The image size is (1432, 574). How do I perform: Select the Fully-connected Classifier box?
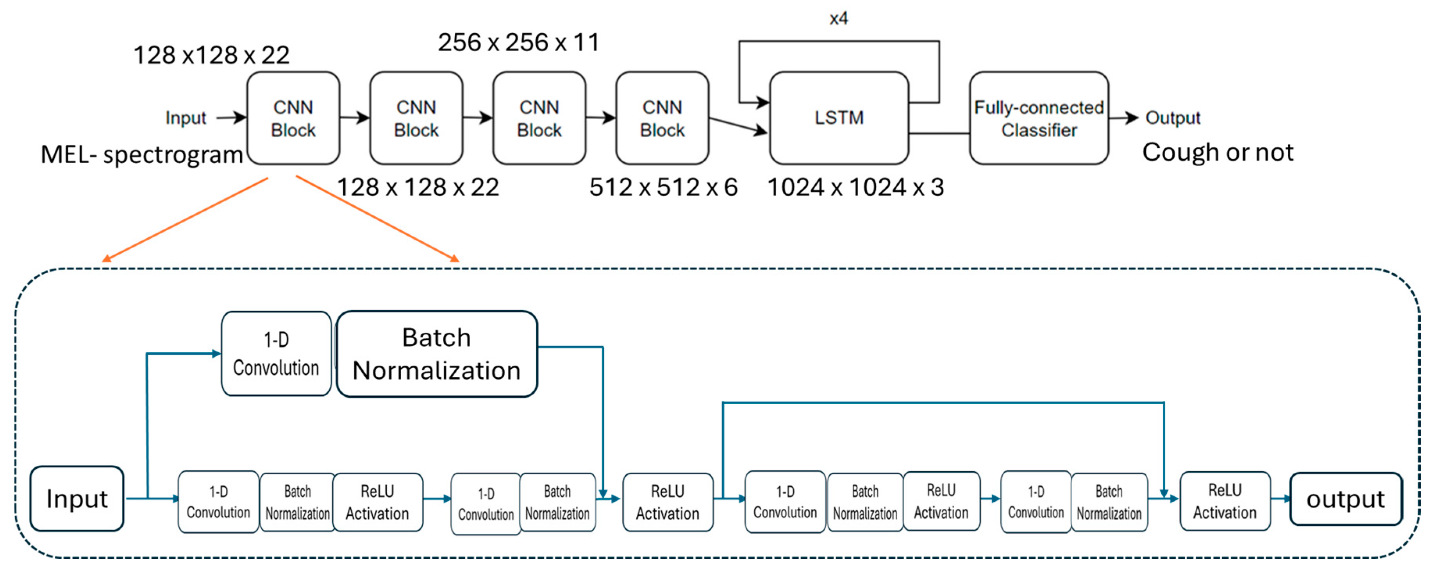(x=1038, y=118)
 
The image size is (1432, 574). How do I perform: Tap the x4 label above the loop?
(x=838, y=18)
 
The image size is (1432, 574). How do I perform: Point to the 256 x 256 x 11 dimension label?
(x=518, y=42)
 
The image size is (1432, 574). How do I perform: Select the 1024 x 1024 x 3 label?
(x=855, y=187)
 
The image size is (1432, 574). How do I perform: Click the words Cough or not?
(x=1218, y=152)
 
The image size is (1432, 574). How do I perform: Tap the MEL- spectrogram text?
(x=142, y=154)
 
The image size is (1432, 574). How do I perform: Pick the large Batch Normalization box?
(x=436, y=354)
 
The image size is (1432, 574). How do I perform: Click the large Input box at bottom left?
(x=77, y=499)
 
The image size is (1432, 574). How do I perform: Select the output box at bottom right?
(x=1345, y=499)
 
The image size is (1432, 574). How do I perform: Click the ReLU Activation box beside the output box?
(x=1225, y=500)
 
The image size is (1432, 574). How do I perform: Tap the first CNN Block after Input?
(x=293, y=118)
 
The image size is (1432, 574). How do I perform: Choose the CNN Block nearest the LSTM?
(x=662, y=118)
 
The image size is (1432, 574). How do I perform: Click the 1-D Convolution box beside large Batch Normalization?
(x=276, y=354)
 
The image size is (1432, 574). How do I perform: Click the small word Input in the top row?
(x=186, y=118)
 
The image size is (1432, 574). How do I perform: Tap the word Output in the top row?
(x=1173, y=118)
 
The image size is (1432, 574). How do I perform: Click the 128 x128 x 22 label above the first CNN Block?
(x=211, y=55)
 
